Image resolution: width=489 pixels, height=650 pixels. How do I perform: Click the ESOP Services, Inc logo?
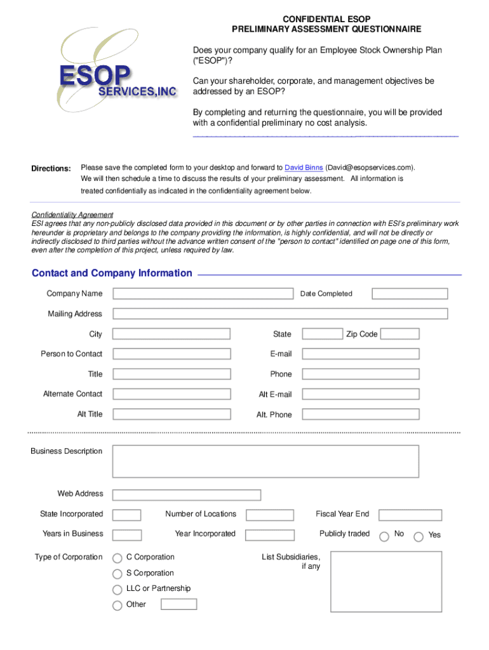[117, 74]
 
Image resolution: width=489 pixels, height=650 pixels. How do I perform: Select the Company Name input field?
[203, 294]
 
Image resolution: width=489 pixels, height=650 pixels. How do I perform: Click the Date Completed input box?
[410, 294]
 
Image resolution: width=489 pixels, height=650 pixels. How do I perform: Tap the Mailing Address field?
[280, 314]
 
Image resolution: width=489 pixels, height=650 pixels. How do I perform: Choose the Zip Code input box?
[400, 334]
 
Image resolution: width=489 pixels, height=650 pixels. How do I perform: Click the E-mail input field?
[360, 354]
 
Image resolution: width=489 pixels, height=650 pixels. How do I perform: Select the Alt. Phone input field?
[360, 415]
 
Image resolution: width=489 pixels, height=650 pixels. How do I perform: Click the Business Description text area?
[265, 461]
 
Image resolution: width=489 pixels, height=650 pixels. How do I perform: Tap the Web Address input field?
[187, 494]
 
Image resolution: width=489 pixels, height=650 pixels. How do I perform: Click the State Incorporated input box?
[127, 515]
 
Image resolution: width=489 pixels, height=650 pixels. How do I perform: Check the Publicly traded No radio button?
[384, 536]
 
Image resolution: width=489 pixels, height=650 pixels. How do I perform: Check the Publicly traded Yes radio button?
[419, 536]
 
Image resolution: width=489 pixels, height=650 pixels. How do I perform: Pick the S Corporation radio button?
[117, 574]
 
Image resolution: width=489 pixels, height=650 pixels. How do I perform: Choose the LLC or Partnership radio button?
[117, 590]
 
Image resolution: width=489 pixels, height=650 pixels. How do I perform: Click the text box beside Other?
[178, 604]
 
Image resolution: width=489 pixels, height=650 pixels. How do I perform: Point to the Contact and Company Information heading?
[112, 274]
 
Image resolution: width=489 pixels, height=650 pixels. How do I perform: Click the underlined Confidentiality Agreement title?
[72, 215]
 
